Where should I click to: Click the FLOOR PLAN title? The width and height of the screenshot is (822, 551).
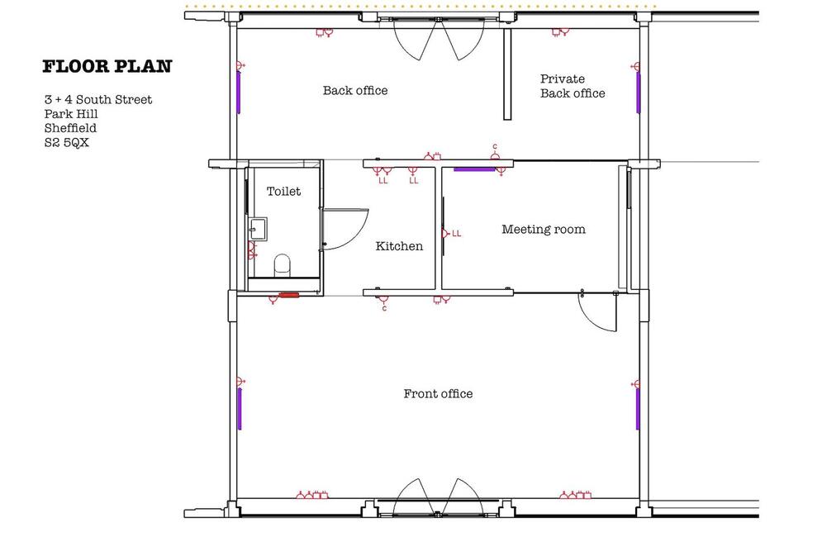coord(107,67)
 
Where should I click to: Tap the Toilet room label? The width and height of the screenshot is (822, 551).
coord(283,192)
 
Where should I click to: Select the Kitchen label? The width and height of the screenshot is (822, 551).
coord(399,246)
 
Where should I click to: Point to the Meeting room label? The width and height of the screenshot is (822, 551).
coord(544,229)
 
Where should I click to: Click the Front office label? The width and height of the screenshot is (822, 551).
coord(438,394)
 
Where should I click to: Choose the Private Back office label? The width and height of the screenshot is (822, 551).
coord(573,86)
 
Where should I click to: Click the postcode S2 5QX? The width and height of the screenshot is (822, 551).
coord(67,143)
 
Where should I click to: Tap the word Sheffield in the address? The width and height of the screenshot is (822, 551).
coord(70,128)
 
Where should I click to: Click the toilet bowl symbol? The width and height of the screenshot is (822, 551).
coord(282,264)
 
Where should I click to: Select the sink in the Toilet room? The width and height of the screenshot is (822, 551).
coord(258,229)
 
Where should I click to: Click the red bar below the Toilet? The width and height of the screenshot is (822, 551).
coord(288,295)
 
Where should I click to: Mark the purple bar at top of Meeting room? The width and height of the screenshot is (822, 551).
coord(474,169)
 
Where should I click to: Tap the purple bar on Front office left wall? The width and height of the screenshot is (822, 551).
coord(240,409)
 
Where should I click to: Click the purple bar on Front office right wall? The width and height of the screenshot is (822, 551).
coord(638,409)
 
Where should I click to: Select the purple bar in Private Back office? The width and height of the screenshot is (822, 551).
coord(638,93)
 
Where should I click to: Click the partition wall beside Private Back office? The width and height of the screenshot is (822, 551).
coord(507,74)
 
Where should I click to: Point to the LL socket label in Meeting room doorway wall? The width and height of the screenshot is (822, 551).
coord(457,234)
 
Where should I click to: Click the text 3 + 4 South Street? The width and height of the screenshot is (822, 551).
coord(98,100)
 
